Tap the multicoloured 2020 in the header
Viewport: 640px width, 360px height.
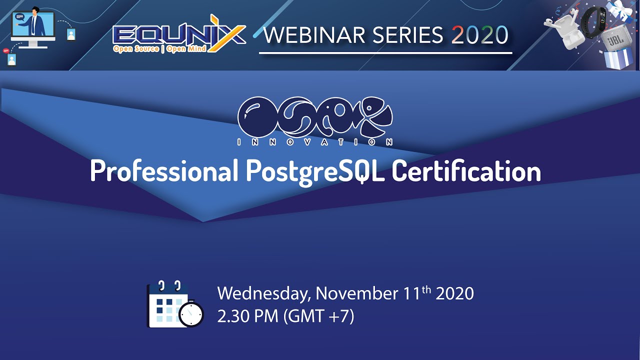coord(480,35)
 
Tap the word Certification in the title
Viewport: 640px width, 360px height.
coord(466,171)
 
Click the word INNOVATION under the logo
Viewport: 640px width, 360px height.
coord(315,142)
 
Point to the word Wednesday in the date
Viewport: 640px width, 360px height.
coord(263,293)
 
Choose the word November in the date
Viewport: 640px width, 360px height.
coord(357,293)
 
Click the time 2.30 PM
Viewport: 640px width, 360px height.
coord(247,316)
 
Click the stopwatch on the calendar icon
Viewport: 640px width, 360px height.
coord(191,314)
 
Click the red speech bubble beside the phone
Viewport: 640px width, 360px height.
coord(6,50)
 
